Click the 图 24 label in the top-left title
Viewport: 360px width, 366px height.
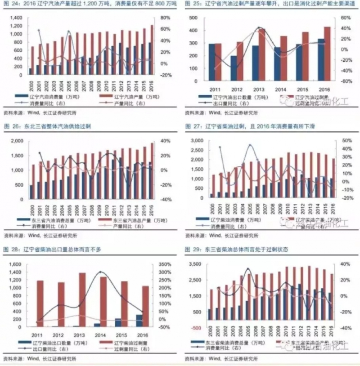click(x=10, y=4)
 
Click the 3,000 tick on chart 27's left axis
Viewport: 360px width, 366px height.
click(x=197, y=141)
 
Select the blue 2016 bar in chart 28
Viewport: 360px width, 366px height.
click(x=139, y=320)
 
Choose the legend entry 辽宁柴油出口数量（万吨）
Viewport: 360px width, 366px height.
click(x=49, y=343)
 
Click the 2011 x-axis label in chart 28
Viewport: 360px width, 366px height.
click(x=37, y=335)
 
